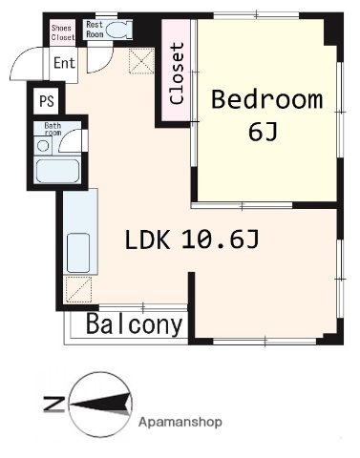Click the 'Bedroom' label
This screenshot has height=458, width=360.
(x=266, y=100)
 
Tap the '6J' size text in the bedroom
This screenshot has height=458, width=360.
(x=263, y=132)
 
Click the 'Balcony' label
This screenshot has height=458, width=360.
(x=135, y=325)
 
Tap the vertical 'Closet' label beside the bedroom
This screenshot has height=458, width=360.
(x=176, y=73)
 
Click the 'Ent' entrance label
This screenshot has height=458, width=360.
(x=64, y=64)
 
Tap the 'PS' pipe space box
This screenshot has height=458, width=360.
(x=46, y=99)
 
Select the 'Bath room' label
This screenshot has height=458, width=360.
(x=52, y=128)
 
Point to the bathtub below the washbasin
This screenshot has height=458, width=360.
(x=56, y=172)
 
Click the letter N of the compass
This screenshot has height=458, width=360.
(x=53, y=406)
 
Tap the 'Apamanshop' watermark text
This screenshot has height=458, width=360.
(x=180, y=421)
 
